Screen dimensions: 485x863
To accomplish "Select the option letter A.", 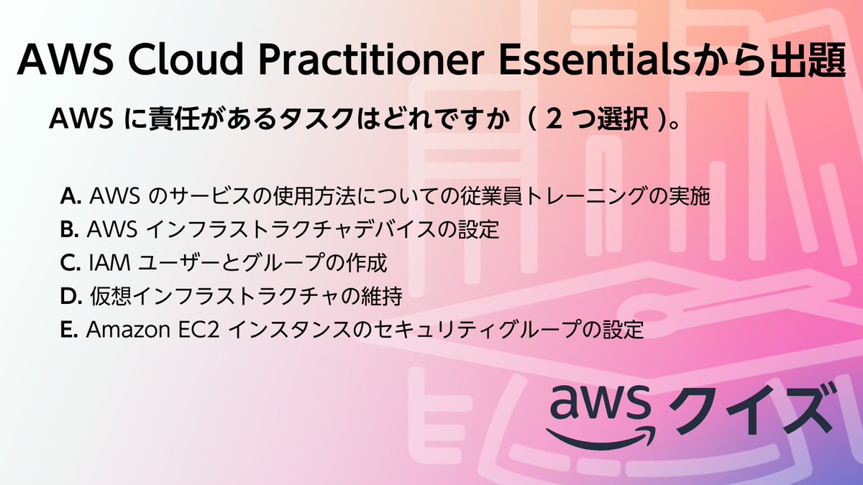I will (70, 195).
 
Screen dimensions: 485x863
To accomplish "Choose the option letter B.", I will (69, 230).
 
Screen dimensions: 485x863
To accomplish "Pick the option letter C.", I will (70, 264).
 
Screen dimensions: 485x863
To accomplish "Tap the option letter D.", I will (70, 297).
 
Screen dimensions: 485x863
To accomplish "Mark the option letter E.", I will (68, 331).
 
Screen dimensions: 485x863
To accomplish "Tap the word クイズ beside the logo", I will (748, 410).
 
